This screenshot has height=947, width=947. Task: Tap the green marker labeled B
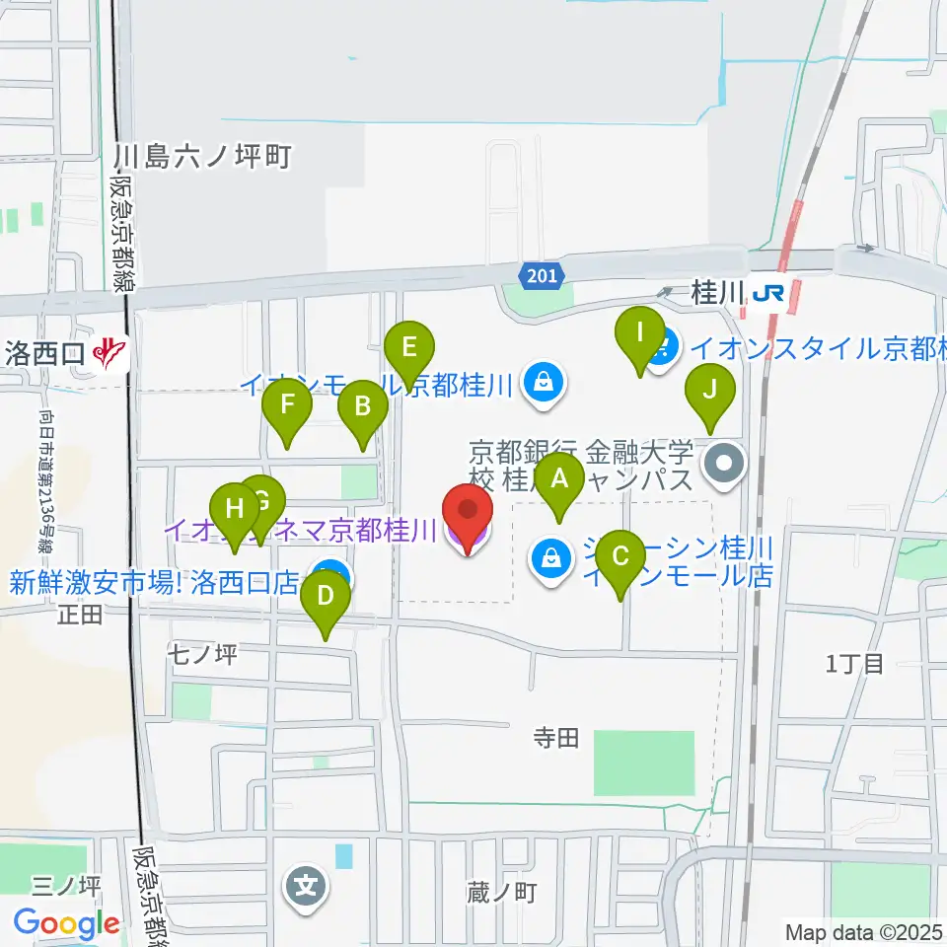[362, 406]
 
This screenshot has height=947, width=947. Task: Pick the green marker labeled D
[326, 598]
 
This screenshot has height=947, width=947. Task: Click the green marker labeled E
[409, 348]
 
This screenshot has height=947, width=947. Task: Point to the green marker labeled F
[287, 405]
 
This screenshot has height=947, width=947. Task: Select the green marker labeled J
[710, 390]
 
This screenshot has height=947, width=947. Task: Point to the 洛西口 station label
[47, 352]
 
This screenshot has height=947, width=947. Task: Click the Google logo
[66, 924]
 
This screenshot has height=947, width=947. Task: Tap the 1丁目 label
[854, 663]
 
